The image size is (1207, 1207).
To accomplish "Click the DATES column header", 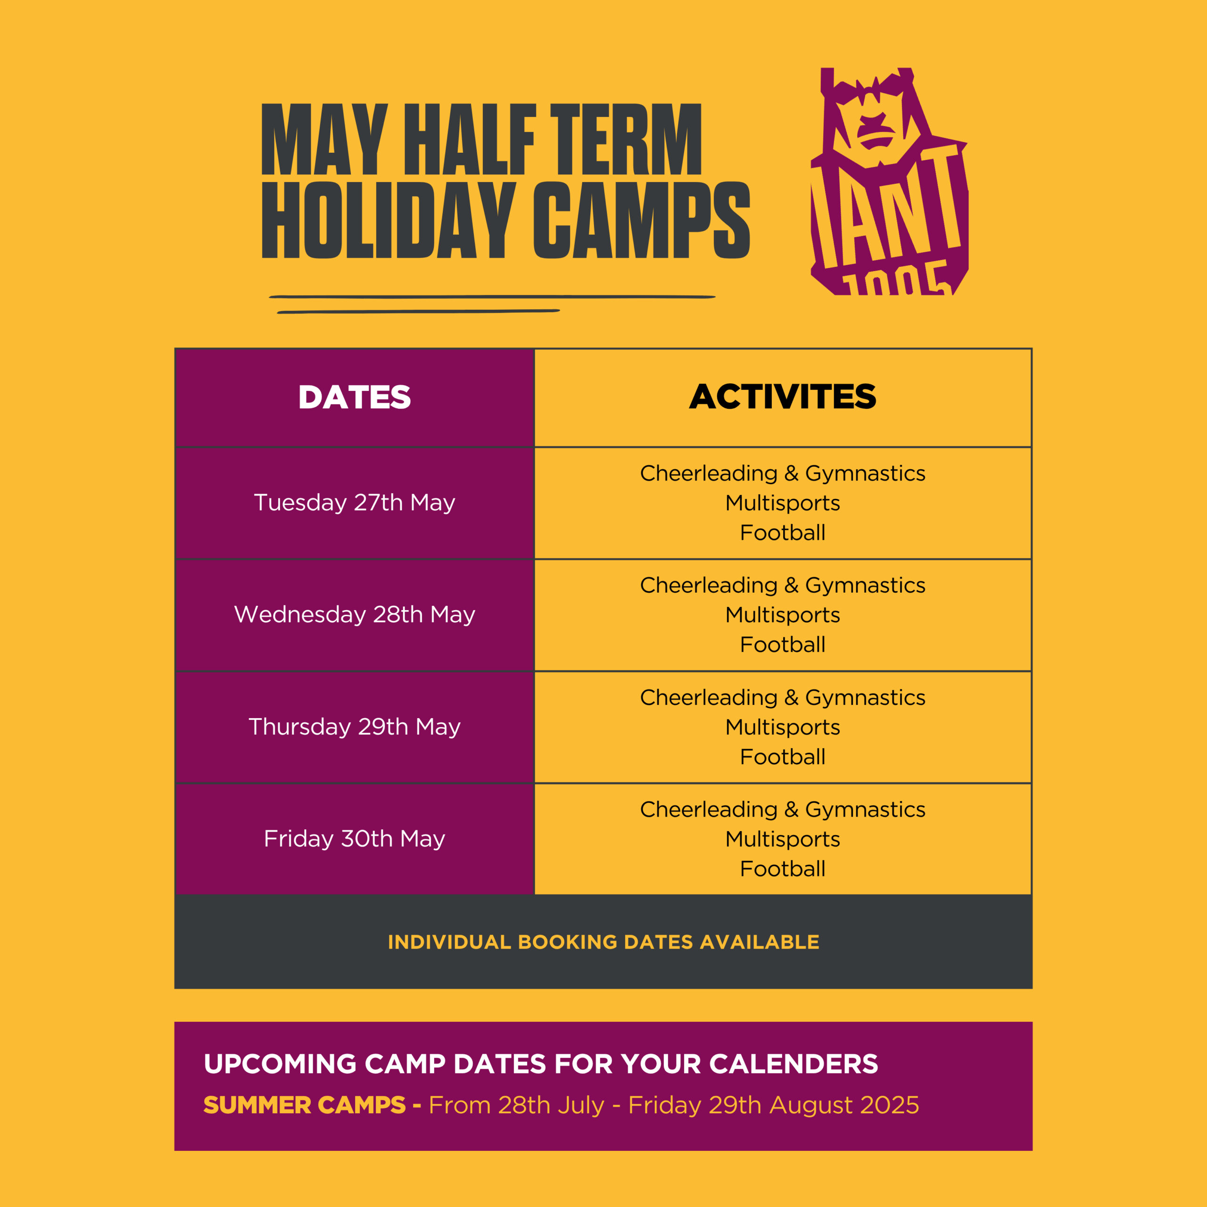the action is (x=354, y=397).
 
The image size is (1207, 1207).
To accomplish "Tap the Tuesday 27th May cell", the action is (x=354, y=503).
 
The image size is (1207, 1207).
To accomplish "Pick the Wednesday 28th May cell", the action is (x=354, y=615).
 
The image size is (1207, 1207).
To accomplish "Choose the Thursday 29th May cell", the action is (x=354, y=727).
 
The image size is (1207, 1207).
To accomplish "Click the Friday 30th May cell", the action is (x=354, y=838).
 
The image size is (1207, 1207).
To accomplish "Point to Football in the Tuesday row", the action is (x=782, y=533).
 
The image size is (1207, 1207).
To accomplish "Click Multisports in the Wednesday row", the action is (x=782, y=615).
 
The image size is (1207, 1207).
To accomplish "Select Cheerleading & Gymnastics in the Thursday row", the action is (x=782, y=698).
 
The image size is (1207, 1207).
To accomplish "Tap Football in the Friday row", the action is (x=782, y=869).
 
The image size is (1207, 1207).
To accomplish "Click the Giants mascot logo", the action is (x=889, y=181).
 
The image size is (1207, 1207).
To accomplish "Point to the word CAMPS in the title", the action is (x=642, y=220).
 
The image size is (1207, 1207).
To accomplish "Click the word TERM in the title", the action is (x=626, y=139).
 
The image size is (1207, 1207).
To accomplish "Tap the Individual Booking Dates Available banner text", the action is (x=603, y=942).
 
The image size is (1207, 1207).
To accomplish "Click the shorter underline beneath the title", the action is (x=419, y=311).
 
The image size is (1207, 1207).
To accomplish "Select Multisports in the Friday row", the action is (x=782, y=840).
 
